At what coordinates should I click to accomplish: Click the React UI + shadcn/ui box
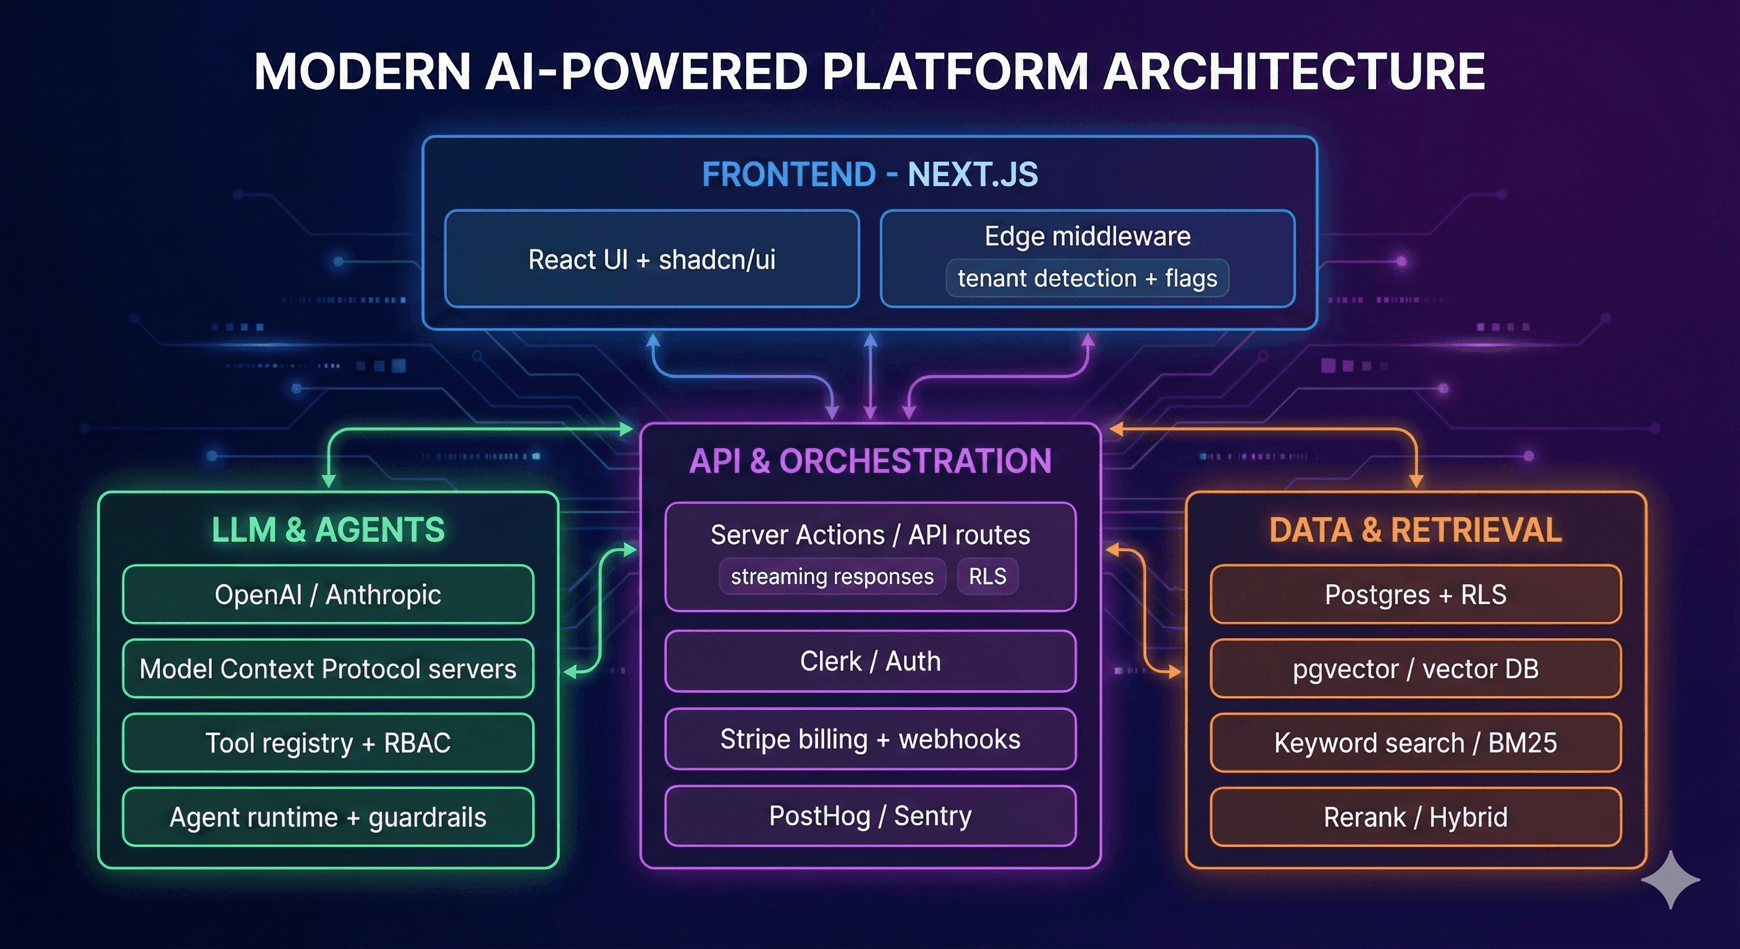coord(652,259)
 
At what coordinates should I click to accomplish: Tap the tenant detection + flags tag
coord(1087,278)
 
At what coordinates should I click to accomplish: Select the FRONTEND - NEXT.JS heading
coord(869,174)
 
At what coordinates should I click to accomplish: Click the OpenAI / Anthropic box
coord(327,594)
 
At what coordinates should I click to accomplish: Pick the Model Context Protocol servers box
coord(327,669)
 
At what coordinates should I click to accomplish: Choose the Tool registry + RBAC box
coord(327,743)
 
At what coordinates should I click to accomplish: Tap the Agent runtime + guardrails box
coord(327,817)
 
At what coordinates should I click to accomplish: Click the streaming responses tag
coord(832,576)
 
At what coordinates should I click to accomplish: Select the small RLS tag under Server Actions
coord(987,576)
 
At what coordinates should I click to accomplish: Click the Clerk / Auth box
coord(870,661)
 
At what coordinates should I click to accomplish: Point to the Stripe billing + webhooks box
coord(870,739)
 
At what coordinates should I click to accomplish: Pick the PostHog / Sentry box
coord(870,816)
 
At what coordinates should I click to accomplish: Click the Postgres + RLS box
coord(1415,594)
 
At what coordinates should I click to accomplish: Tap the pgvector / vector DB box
coord(1415,669)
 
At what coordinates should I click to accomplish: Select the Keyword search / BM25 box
coord(1415,743)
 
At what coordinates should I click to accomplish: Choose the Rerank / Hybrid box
coord(1415,817)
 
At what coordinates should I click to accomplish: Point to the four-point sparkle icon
coord(1670,879)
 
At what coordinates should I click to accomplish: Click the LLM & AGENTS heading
coord(327,529)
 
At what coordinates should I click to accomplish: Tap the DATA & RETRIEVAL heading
coord(1415,529)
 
